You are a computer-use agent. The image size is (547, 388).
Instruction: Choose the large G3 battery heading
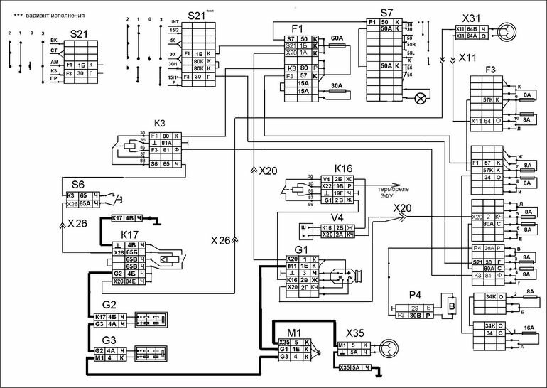[109, 340]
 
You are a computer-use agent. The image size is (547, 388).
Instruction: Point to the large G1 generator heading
[303, 249]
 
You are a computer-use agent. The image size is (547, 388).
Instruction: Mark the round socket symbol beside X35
[388, 348]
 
